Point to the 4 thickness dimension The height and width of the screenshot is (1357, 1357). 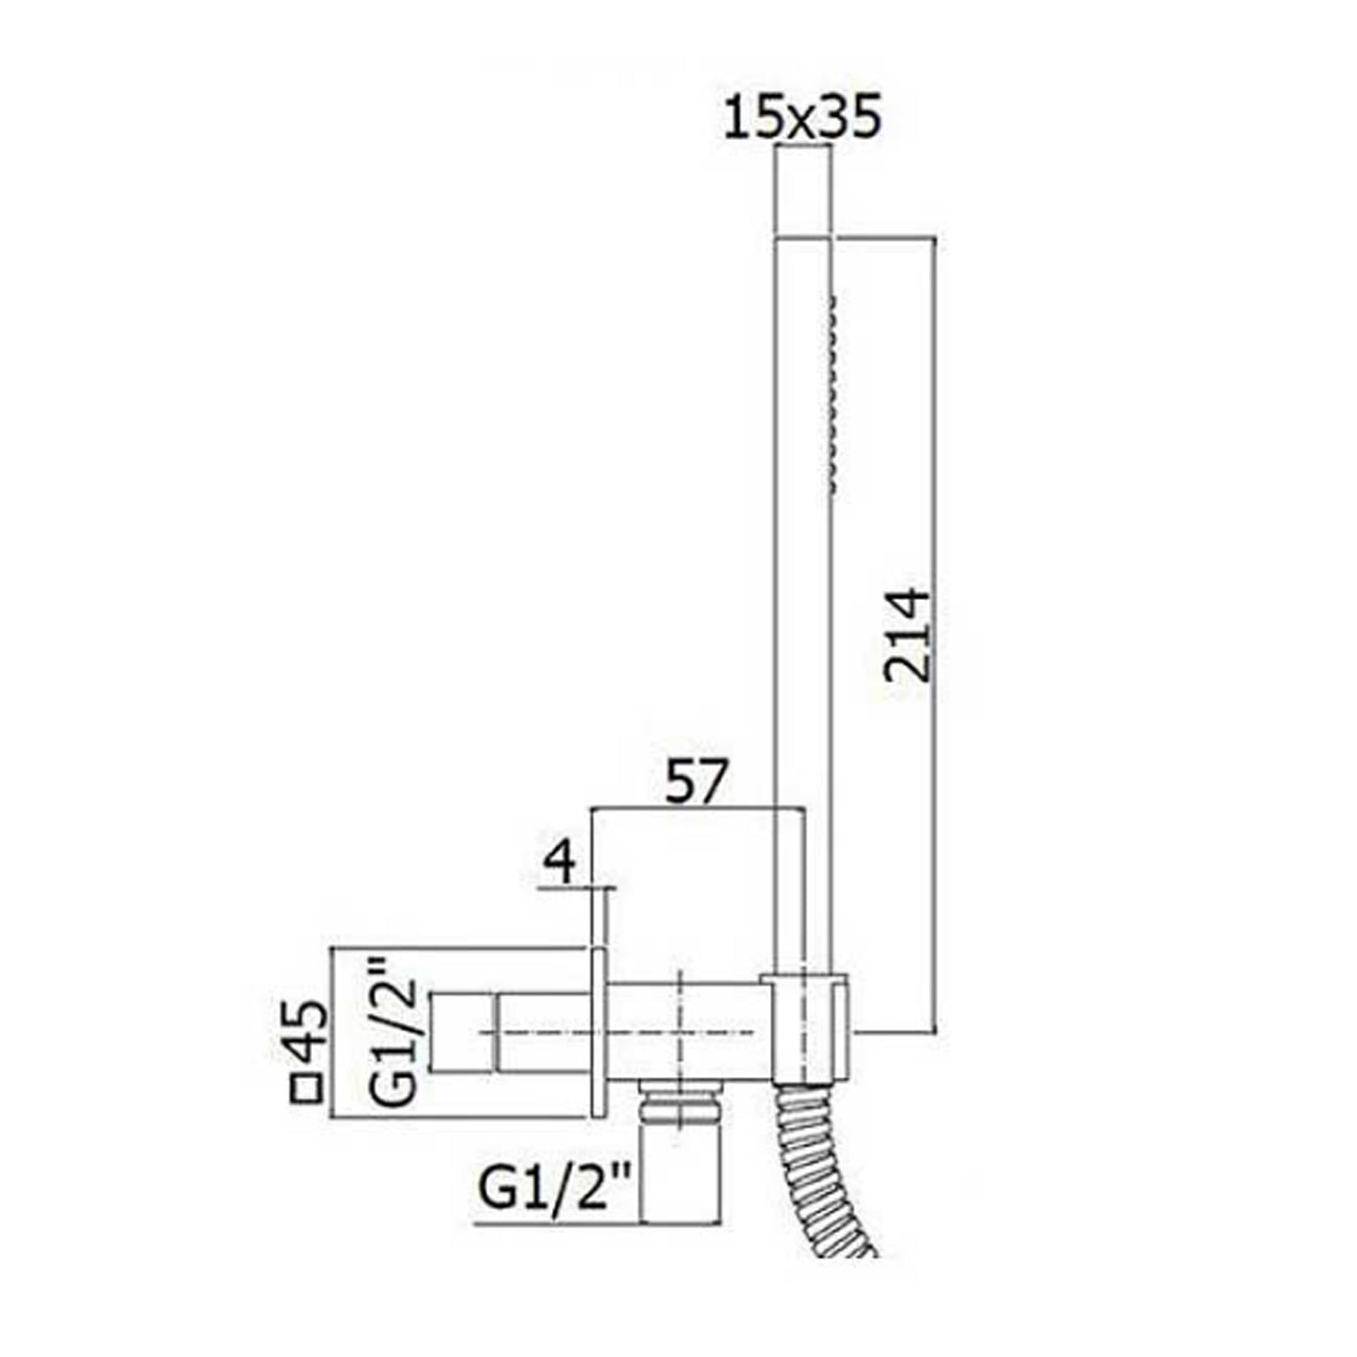tap(561, 863)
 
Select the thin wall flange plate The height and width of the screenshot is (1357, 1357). tap(599, 1031)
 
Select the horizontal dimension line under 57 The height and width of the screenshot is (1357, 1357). tap(697, 807)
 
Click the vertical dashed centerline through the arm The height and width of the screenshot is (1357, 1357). tap(678, 1013)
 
